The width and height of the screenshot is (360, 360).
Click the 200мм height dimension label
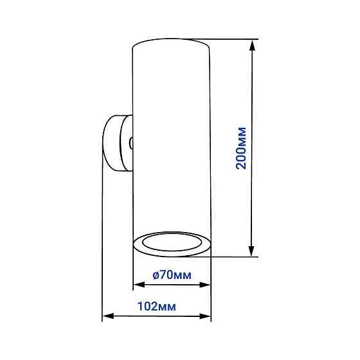pyautogui.click(x=242, y=148)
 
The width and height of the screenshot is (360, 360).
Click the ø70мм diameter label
pyautogui.click(x=172, y=275)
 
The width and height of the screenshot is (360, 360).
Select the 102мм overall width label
pyautogui.click(x=157, y=306)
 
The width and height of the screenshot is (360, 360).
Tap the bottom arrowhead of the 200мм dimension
pyautogui.click(x=251, y=251)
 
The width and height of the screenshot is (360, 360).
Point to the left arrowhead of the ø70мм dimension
pyautogui.click(x=139, y=285)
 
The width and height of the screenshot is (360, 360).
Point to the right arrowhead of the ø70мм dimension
pyautogui.click(x=205, y=285)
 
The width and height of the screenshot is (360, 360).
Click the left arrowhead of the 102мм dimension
pyautogui.click(x=108, y=316)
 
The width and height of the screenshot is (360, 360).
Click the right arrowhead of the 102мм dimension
pyautogui.click(x=205, y=316)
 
